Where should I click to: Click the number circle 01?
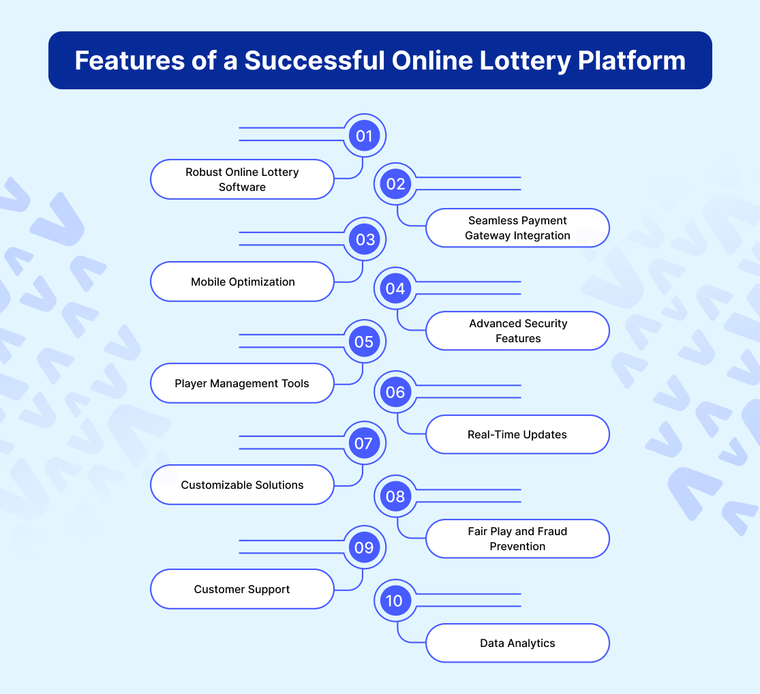pos(364,136)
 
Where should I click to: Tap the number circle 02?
pos(395,184)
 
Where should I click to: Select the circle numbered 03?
pos(364,239)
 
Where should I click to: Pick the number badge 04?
pos(395,288)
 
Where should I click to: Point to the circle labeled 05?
pos(364,342)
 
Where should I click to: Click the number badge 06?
pos(395,392)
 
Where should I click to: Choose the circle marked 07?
pos(364,444)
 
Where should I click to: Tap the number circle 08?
pos(395,496)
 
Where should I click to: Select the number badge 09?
pos(364,547)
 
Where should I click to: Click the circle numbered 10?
pos(395,601)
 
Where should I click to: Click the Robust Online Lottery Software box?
pos(242,179)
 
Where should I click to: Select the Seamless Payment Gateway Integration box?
pos(517,228)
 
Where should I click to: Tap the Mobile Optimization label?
pos(242,282)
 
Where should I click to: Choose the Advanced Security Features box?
pos(517,331)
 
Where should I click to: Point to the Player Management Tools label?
pos(242,383)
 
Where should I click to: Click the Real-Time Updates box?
pos(517,434)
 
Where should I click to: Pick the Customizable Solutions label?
pos(242,485)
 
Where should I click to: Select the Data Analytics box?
pos(517,643)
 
